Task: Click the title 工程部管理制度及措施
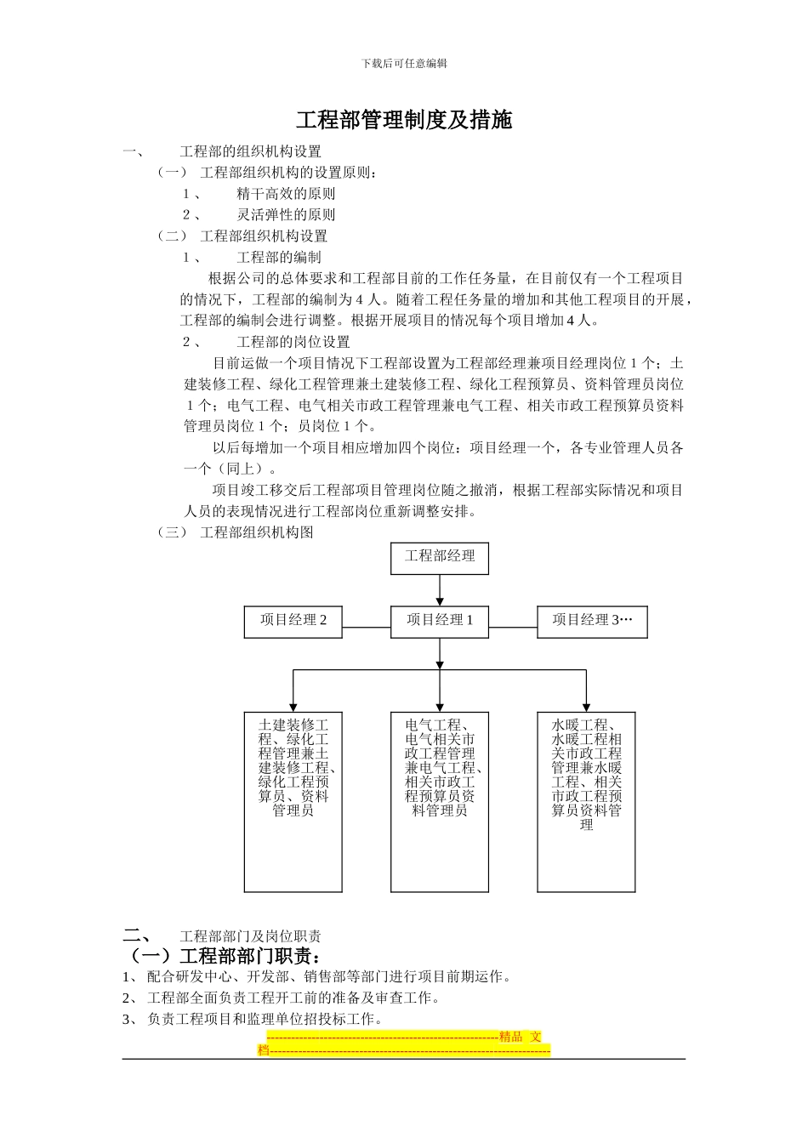coord(404,120)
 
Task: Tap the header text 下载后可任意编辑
coord(404,63)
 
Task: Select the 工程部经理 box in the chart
coord(440,558)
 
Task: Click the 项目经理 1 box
coord(440,621)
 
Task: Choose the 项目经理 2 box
coord(293,621)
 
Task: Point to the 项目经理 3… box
coord(592,621)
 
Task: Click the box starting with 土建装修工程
coord(293,801)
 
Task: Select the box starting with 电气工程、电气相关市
coord(440,801)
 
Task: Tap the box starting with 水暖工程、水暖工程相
coord(586,801)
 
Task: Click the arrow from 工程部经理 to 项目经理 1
coord(440,590)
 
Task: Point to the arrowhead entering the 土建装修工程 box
coord(293,706)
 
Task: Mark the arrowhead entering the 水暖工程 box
coord(586,706)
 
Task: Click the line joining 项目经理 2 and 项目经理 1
coord(367,628)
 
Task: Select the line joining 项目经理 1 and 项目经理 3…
coord(513,628)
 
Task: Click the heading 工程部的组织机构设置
coord(251,151)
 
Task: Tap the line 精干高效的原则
coord(286,194)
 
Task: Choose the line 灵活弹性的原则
coord(286,215)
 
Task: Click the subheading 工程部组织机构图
coord(257,532)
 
